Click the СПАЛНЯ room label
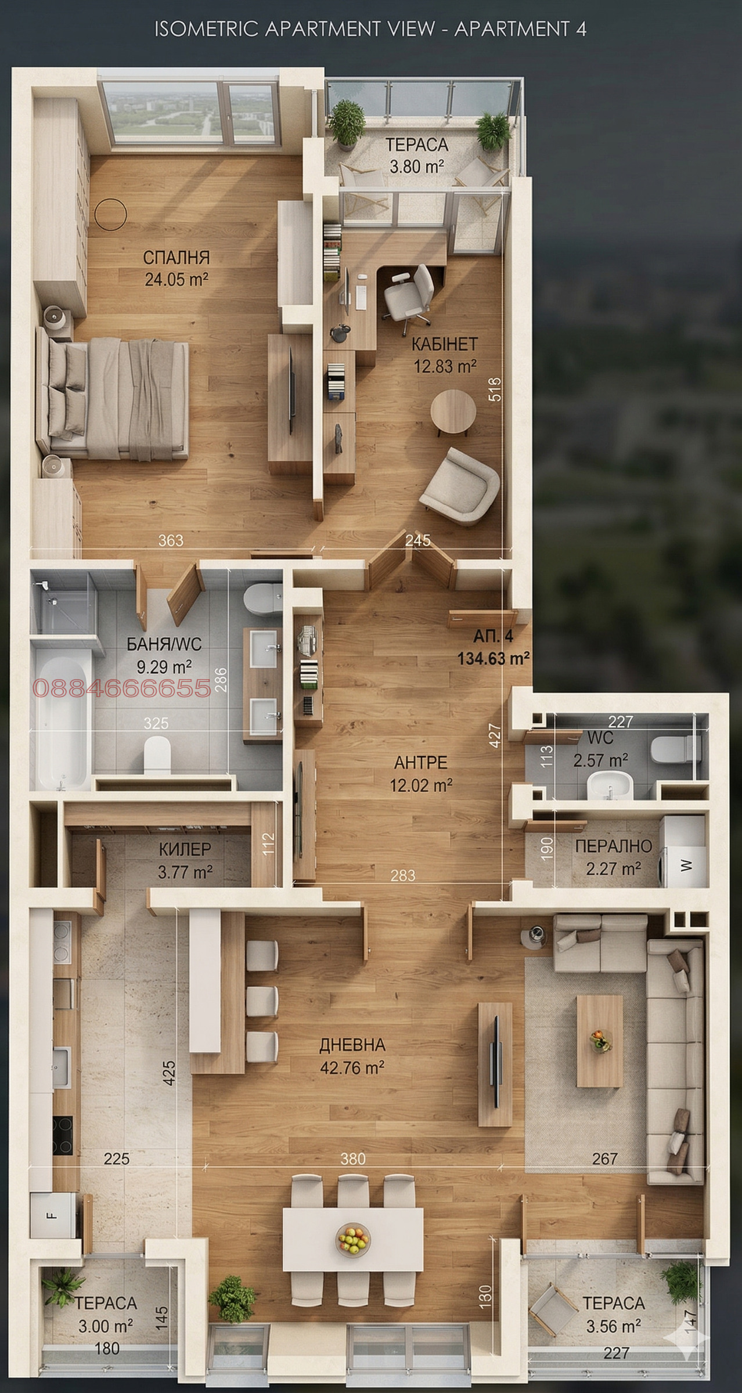pyautogui.click(x=176, y=257)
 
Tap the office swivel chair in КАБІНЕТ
pyautogui.click(x=409, y=293)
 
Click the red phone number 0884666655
pyautogui.click(x=122, y=688)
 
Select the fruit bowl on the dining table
pyautogui.click(x=352, y=1240)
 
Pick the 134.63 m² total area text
pyautogui.click(x=493, y=658)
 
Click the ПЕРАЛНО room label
pyautogui.click(x=614, y=846)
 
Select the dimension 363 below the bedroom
pyautogui.click(x=171, y=540)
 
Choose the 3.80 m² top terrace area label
pyautogui.click(x=416, y=167)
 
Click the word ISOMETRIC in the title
pyautogui.click(x=206, y=30)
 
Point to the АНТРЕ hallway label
pyautogui.click(x=420, y=762)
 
